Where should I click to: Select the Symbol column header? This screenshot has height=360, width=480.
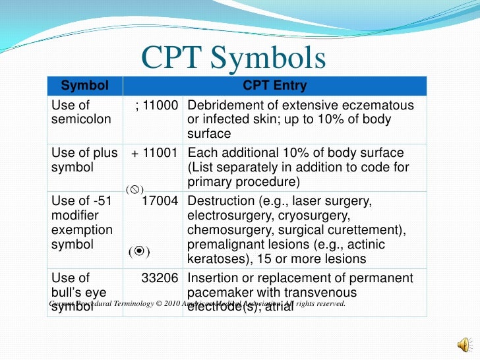click(83, 86)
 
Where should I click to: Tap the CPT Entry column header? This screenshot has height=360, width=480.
click(274, 86)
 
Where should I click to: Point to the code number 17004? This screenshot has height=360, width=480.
click(161, 201)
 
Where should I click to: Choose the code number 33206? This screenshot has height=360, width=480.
click(161, 278)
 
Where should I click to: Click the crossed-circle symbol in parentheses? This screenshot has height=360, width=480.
click(135, 189)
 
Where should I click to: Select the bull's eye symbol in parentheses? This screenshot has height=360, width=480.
click(138, 252)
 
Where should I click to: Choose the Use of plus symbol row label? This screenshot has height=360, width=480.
click(84, 160)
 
